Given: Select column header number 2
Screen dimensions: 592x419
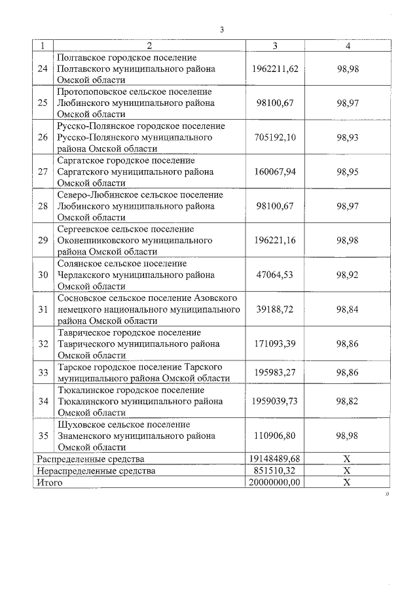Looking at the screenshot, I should pyautogui.click(x=149, y=46).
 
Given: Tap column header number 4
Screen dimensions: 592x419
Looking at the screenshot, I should pyautogui.click(x=348, y=46).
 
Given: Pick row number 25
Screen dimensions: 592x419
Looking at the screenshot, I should pyautogui.click(x=43, y=103).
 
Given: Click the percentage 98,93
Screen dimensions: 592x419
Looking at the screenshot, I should pyautogui.click(x=348, y=137).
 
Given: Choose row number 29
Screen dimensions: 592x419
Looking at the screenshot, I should pyautogui.click(x=43, y=240).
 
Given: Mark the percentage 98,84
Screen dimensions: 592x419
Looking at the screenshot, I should pyautogui.click(x=348, y=309).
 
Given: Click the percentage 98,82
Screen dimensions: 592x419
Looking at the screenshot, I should pyautogui.click(x=348, y=400).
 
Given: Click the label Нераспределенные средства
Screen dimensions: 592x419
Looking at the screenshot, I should pyautogui.click(x=96, y=470).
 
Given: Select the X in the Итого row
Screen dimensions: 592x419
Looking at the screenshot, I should pyautogui.click(x=348, y=482).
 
